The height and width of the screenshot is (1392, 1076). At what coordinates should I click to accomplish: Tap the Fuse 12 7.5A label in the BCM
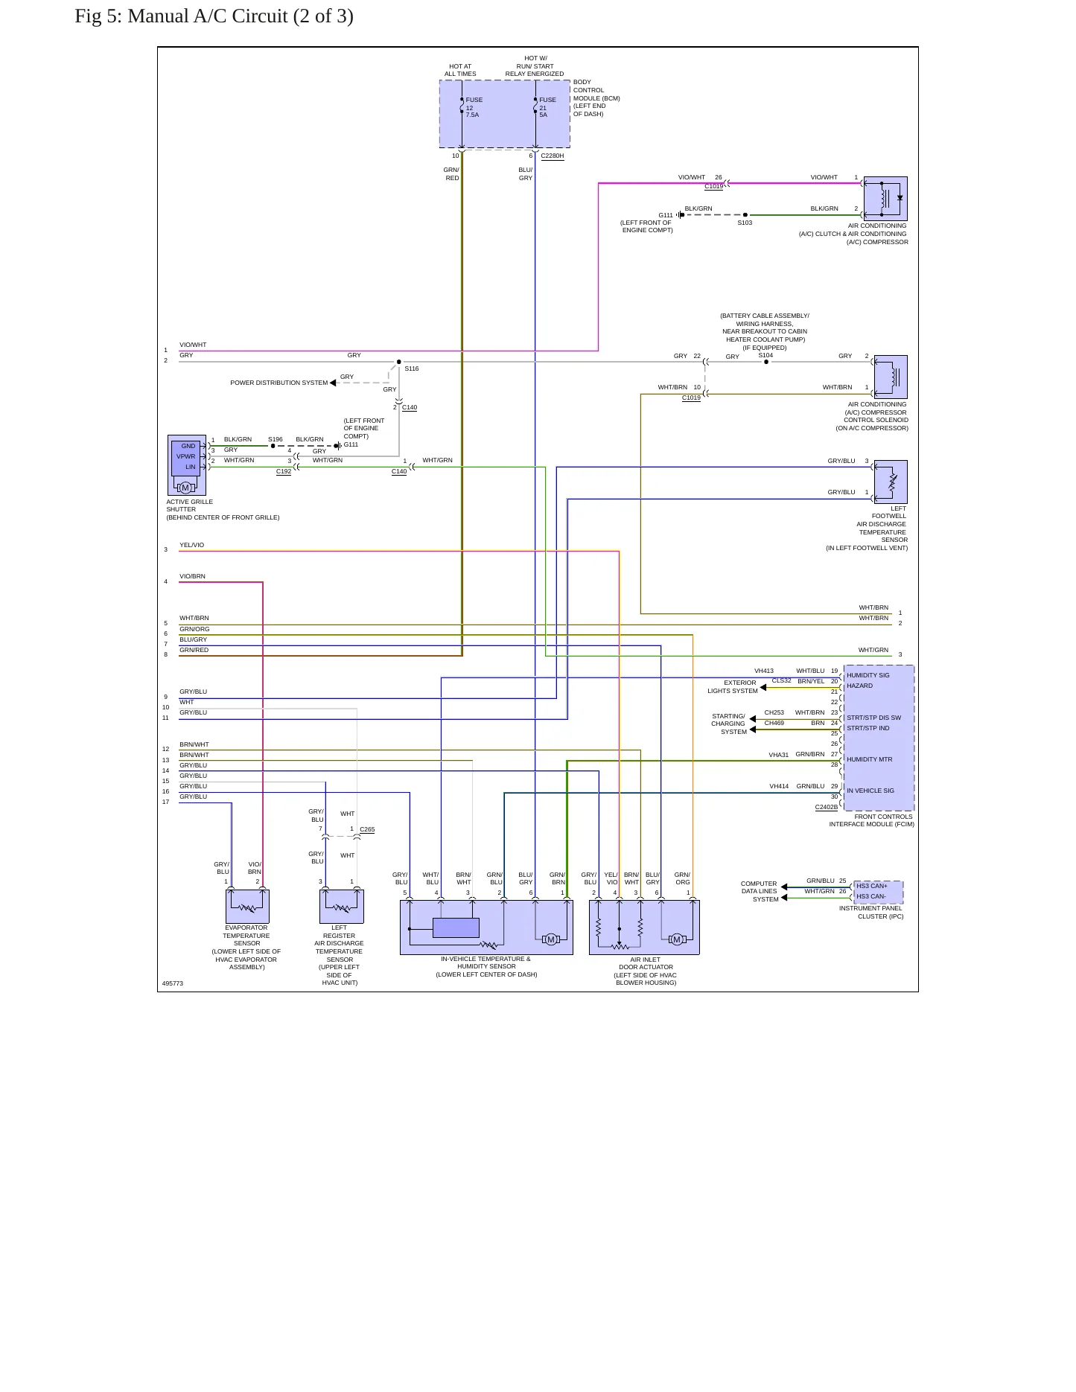pyautogui.click(x=474, y=107)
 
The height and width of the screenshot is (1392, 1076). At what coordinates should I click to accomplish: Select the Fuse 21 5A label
pyautogui.click(x=547, y=107)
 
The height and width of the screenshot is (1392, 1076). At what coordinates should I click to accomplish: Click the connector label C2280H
pyautogui.click(x=553, y=156)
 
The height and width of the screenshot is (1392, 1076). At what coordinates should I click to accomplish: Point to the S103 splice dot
pyautogui.click(x=745, y=215)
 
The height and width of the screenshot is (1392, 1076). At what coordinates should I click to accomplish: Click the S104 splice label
pyautogui.click(x=765, y=355)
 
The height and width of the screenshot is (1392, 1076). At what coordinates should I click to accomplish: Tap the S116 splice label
pyautogui.click(x=412, y=368)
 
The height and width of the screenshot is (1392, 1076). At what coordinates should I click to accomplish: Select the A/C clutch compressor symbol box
pyautogui.click(x=885, y=199)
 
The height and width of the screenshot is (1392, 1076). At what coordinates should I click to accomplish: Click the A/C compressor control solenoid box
pyautogui.click(x=891, y=377)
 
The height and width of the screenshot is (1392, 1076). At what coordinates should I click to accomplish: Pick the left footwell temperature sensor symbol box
pyautogui.click(x=891, y=482)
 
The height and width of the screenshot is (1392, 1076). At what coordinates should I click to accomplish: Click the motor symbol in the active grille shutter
pyautogui.click(x=185, y=488)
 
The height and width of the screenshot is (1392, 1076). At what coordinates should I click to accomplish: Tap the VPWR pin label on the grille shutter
pyautogui.click(x=186, y=456)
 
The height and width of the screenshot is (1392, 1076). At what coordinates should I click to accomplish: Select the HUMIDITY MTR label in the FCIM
pyautogui.click(x=869, y=760)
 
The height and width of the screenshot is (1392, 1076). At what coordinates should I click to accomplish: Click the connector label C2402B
pyautogui.click(x=827, y=807)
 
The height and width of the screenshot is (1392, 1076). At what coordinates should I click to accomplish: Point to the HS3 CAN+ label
pyautogui.click(x=872, y=886)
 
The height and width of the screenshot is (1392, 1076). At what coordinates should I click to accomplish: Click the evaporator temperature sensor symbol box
pyautogui.click(x=247, y=907)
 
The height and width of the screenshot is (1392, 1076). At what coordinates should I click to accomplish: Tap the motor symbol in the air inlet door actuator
pyautogui.click(x=677, y=939)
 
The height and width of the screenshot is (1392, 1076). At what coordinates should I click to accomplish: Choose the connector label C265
pyautogui.click(x=367, y=829)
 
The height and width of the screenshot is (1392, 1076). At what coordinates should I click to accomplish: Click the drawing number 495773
pyautogui.click(x=173, y=983)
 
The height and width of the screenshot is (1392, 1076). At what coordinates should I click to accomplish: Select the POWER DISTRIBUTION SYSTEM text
pyautogui.click(x=279, y=383)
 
